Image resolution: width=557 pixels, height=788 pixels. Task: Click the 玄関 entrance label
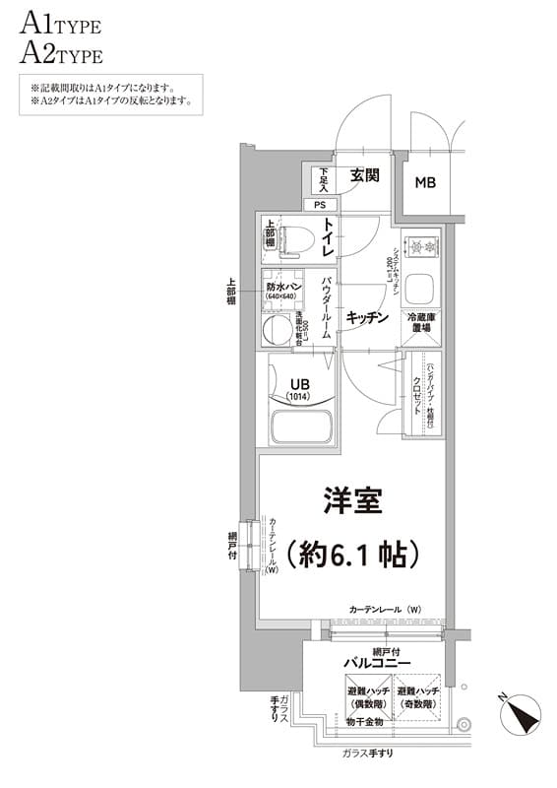click(364, 176)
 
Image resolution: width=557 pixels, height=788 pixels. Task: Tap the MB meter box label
click(425, 182)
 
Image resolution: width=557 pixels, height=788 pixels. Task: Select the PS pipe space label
click(319, 205)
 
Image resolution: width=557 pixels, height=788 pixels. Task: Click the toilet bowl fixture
click(295, 237)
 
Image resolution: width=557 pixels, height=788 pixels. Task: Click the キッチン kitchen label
click(368, 317)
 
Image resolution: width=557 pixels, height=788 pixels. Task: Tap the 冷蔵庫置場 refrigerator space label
click(422, 323)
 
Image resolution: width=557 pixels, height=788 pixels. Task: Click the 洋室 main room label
click(351, 499)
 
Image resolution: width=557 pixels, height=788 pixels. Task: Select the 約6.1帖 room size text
click(352, 554)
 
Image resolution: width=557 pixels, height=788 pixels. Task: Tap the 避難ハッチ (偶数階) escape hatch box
click(366, 699)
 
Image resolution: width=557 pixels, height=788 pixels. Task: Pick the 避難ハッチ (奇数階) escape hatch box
click(418, 699)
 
